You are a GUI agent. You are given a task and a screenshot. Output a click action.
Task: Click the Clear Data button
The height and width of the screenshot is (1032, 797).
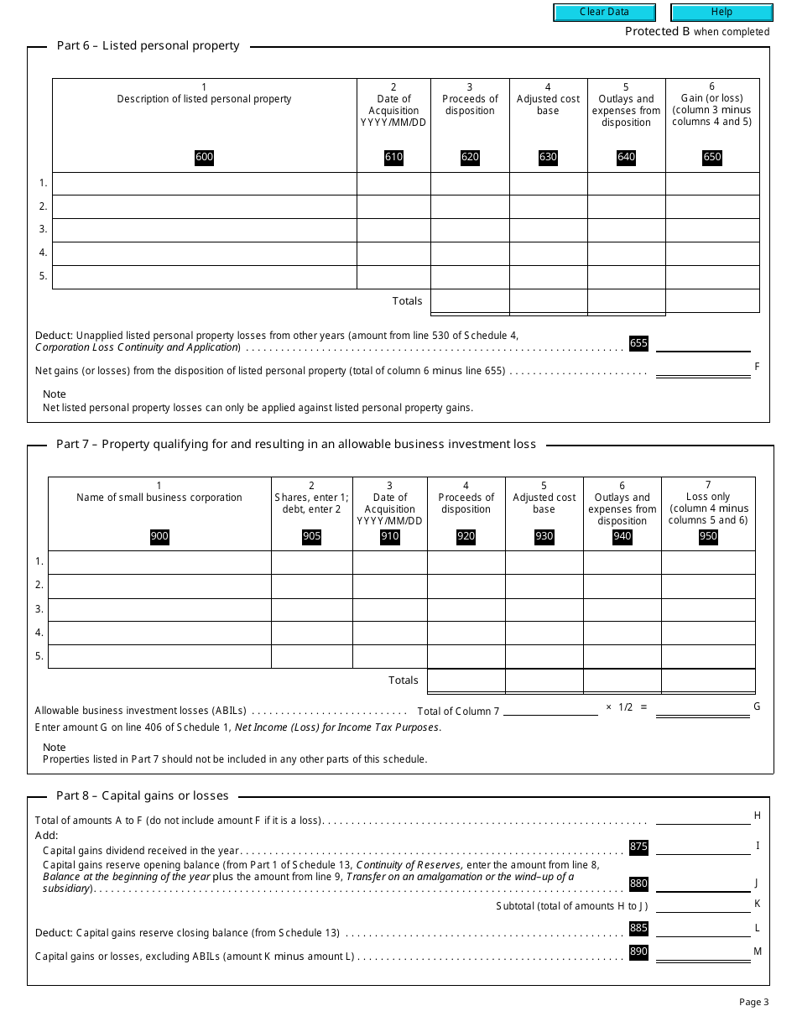point(604,13)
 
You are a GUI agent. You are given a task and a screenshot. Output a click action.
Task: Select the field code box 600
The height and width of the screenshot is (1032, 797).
point(204,157)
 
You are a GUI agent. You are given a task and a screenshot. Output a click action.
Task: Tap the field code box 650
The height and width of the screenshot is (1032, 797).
point(711,157)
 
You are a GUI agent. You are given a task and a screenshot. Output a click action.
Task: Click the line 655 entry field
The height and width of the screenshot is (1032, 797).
point(703,344)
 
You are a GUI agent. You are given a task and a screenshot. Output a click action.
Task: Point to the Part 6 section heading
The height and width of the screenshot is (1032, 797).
point(148,46)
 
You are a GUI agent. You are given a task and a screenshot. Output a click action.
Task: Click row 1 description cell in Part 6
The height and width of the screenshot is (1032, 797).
point(204,184)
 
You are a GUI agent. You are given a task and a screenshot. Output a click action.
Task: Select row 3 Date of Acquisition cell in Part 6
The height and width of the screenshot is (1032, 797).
point(393,231)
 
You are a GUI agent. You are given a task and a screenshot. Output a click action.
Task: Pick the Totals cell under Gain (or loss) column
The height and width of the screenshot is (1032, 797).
point(711,301)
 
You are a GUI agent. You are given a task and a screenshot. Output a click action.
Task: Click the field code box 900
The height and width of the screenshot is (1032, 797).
point(159,537)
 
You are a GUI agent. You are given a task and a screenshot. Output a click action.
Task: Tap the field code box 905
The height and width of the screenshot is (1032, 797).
point(311,537)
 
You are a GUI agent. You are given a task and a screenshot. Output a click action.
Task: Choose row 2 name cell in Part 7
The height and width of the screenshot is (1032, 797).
point(159,586)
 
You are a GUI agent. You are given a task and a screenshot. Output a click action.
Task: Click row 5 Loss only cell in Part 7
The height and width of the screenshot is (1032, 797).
point(708,656)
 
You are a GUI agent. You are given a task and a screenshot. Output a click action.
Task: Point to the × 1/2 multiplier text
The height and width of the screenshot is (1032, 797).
point(621,707)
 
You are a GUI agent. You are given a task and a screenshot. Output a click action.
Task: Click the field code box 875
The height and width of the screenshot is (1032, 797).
point(638,847)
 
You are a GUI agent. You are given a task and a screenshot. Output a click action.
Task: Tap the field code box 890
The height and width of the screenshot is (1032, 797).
point(638,951)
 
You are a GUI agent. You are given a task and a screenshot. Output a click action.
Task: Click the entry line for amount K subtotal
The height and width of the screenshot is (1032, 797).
point(703,906)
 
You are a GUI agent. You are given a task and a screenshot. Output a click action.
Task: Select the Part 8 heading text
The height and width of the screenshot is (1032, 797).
point(142,795)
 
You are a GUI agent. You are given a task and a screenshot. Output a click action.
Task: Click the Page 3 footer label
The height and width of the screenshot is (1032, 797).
point(753,1002)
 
